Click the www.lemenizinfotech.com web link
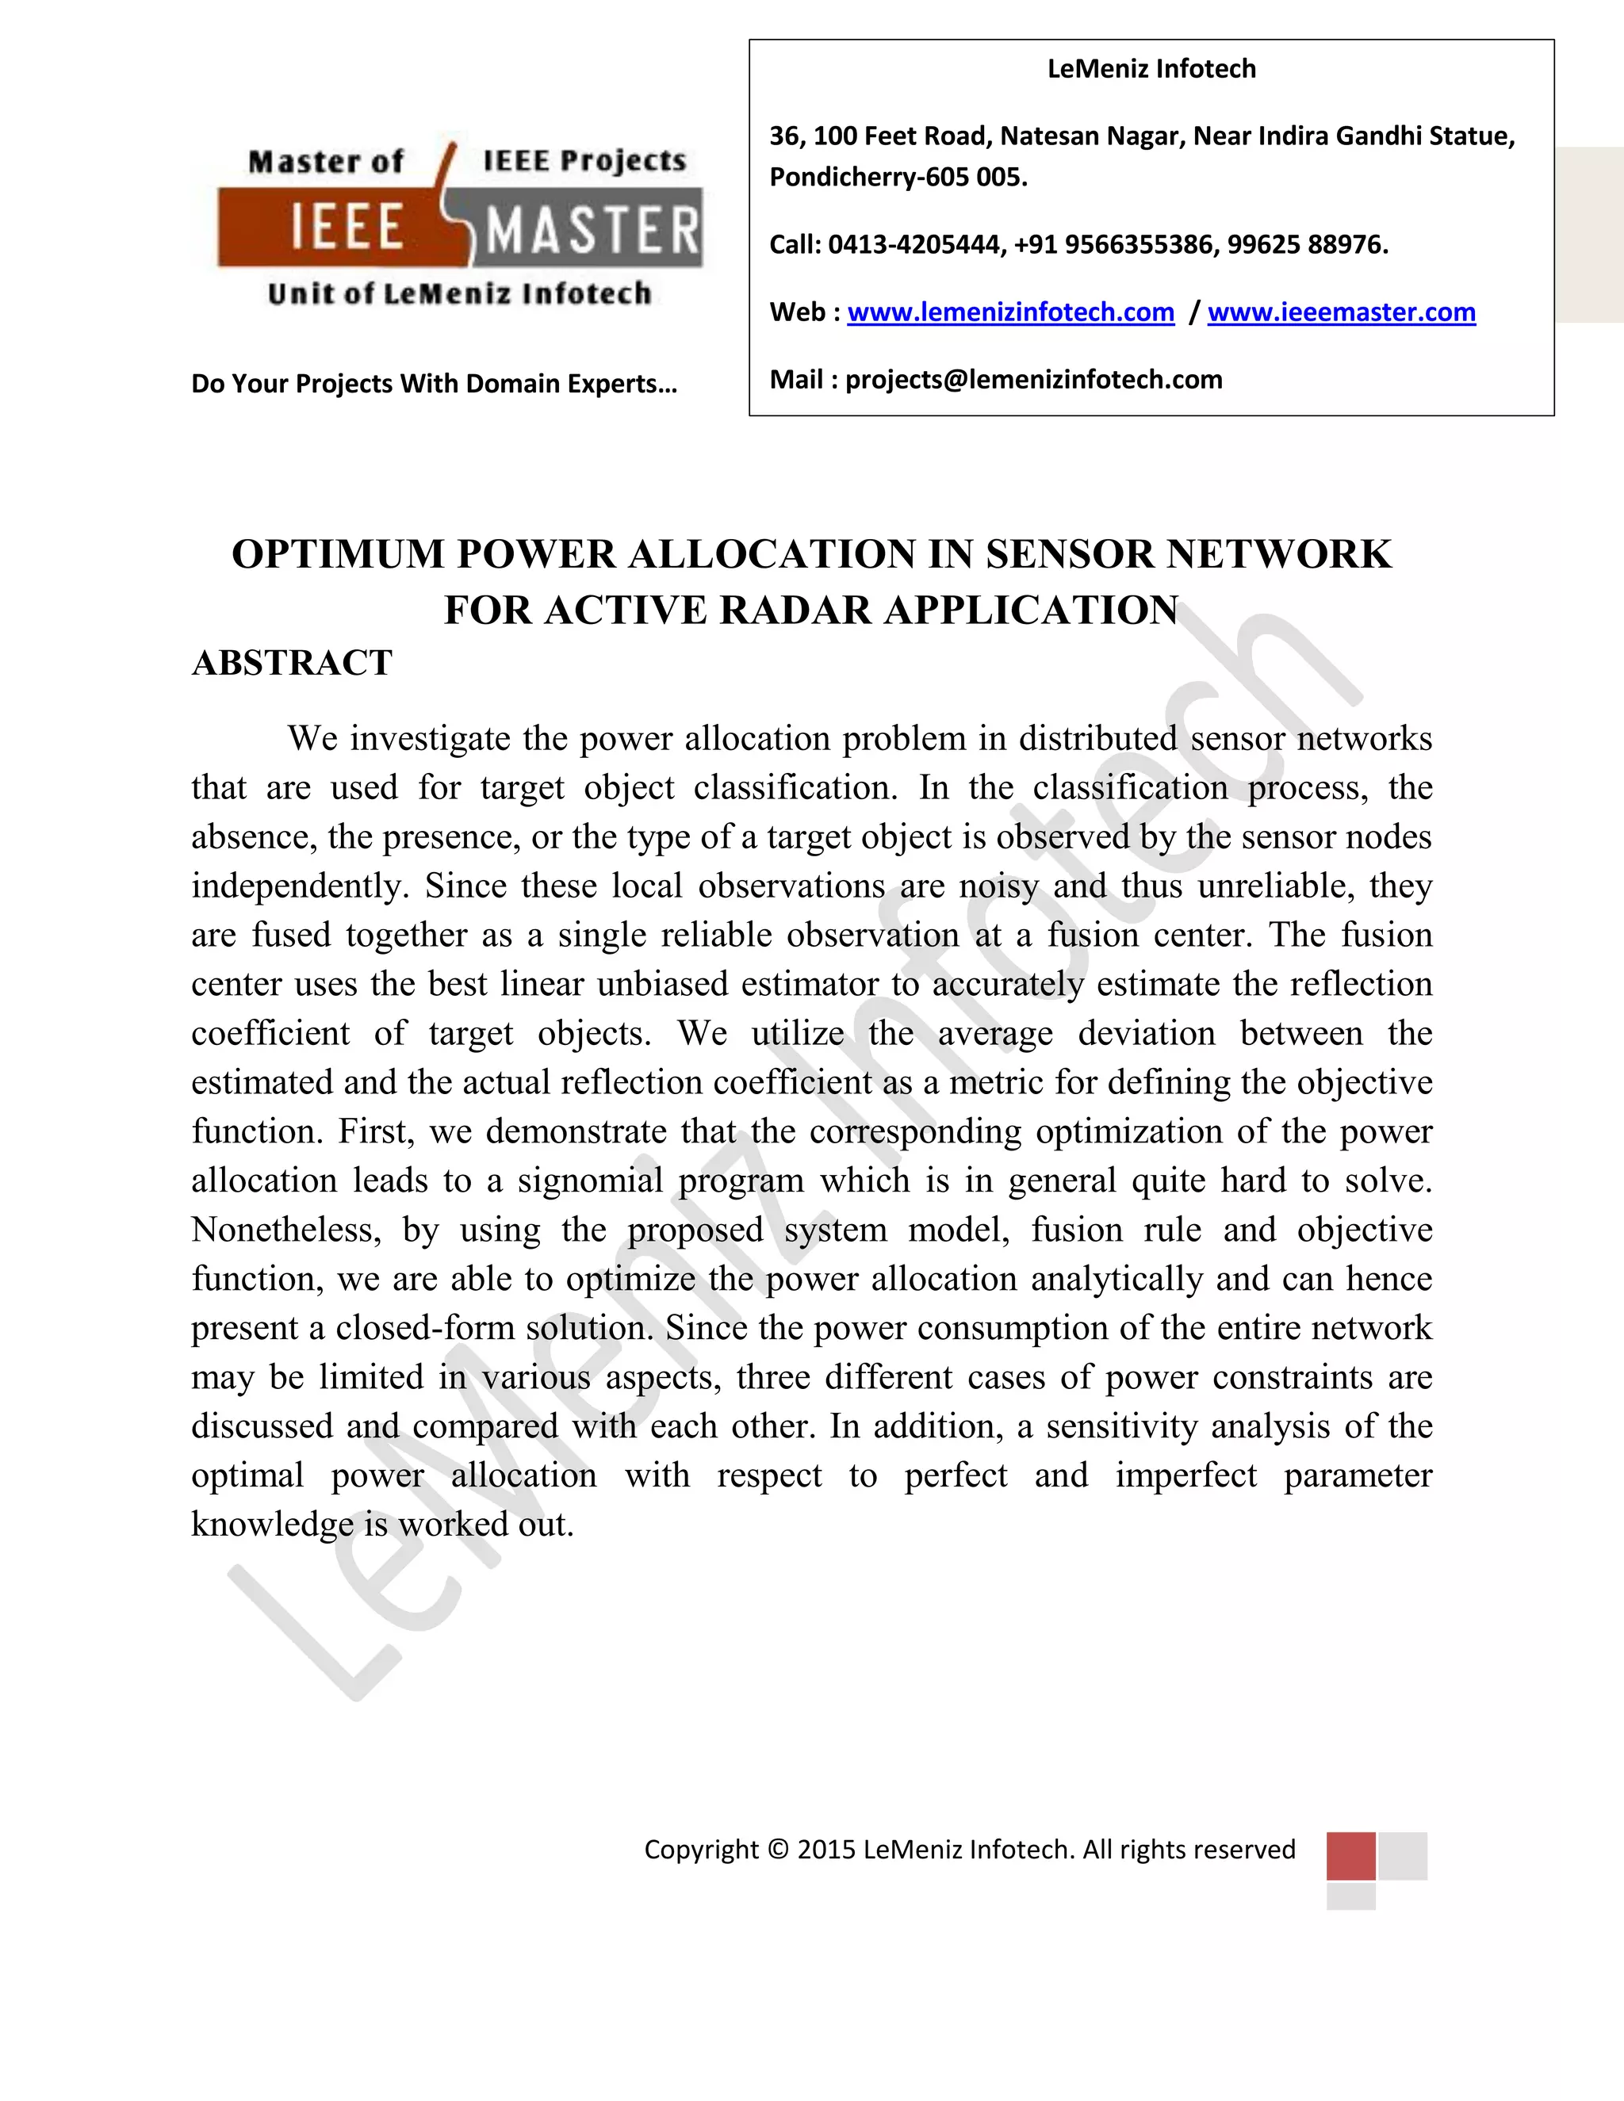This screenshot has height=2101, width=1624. pyautogui.click(x=1010, y=312)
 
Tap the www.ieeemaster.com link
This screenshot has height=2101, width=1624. pyautogui.click(x=1341, y=312)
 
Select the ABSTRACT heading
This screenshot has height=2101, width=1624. pyautogui.click(x=292, y=663)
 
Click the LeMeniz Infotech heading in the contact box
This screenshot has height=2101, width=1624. pyautogui.click(x=1151, y=69)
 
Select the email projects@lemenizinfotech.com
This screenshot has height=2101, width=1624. pyautogui.click(x=1033, y=380)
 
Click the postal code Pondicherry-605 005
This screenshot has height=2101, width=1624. pyautogui.click(x=898, y=178)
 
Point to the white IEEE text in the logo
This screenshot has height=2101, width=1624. pyautogui.click(x=347, y=229)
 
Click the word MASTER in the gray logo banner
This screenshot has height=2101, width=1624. pyautogui.click(x=592, y=231)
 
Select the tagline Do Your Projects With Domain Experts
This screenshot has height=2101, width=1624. pyautogui.click(x=434, y=384)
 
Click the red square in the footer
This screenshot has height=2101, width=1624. pyautogui.click(x=1350, y=1856)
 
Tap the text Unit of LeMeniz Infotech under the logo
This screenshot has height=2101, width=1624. pyautogui.click(x=459, y=293)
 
